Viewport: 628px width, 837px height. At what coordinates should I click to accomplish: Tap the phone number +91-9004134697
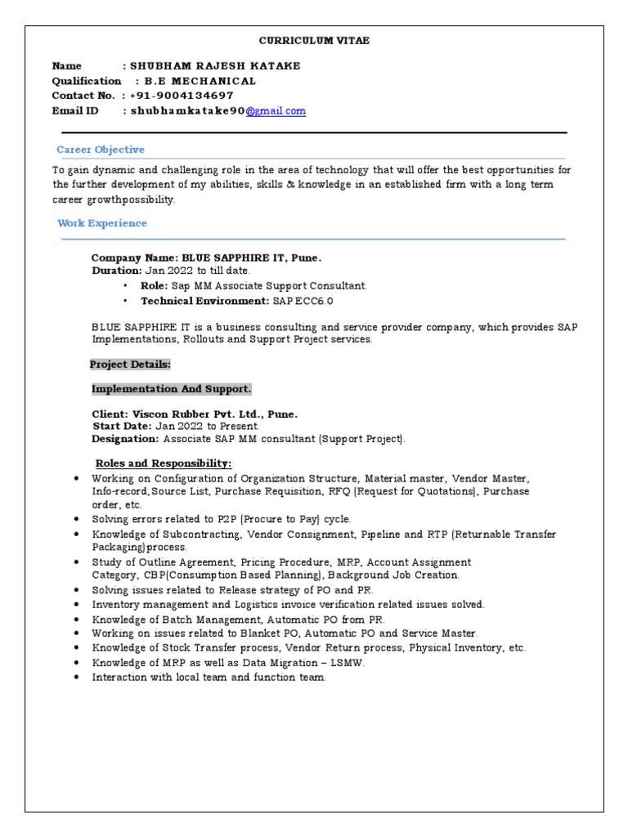pos(181,96)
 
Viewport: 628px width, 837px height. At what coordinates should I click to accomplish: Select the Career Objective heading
pos(100,150)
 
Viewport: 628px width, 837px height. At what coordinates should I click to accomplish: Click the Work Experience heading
pos(101,223)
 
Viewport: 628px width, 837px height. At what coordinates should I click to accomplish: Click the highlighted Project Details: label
pos(130,365)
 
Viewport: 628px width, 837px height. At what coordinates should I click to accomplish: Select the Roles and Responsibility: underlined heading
pos(164,463)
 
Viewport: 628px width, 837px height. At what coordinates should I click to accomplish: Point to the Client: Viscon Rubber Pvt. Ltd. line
pos(195,414)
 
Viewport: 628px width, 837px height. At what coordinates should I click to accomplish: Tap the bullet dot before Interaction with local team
pos(76,678)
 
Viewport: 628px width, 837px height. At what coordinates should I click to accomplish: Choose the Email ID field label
pos(75,111)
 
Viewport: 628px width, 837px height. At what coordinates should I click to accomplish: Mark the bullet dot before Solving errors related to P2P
pos(76,519)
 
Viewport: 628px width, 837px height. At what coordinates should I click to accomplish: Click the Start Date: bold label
pos(122,427)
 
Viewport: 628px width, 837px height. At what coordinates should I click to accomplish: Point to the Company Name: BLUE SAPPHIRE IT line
pos(206,258)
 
